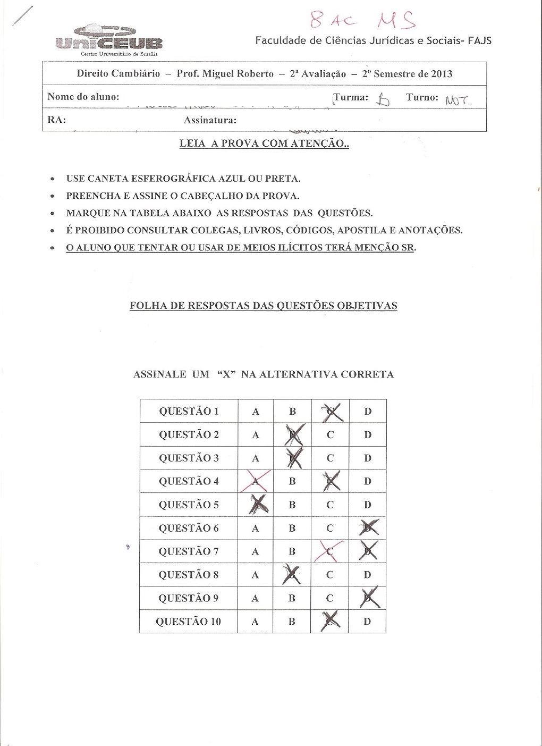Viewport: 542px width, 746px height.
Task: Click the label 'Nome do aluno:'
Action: [x=83, y=97]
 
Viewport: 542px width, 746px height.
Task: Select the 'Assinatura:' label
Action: [x=210, y=120]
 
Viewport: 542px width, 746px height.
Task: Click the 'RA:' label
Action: [x=56, y=120]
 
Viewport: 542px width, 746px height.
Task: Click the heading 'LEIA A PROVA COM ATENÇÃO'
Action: [x=264, y=144]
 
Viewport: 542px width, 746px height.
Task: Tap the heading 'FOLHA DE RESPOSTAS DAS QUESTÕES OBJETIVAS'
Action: [x=264, y=306]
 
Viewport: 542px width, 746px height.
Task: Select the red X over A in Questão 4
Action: [x=256, y=481]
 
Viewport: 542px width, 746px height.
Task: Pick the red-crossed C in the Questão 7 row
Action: [x=329, y=551]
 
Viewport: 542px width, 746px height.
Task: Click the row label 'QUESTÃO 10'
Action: [x=188, y=622]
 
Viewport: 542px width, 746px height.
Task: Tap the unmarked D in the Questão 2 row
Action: [x=368, y=435]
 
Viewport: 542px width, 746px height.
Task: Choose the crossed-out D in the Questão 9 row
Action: [x=368, y=598]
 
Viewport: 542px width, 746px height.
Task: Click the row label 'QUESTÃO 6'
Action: [x=189, y=528]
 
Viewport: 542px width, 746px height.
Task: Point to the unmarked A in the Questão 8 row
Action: [x=255, y=575]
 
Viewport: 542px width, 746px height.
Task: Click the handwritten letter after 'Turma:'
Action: [x=383, y=99]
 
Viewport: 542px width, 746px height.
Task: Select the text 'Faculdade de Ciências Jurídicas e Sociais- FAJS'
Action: [x=373, y=40]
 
